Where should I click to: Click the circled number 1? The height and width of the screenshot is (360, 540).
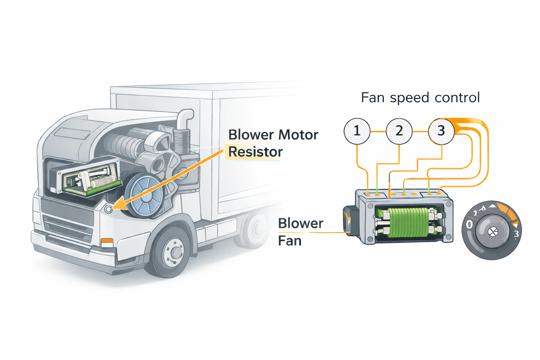coord(357,131)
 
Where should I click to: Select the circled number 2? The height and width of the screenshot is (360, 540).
coord(399,131)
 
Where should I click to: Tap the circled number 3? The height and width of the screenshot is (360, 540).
coord(441,131)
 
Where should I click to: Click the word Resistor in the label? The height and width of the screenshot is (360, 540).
coord(255,152)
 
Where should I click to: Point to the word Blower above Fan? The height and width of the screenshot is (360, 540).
coord(301,224)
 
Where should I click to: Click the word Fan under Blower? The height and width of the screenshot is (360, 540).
coord(290,241)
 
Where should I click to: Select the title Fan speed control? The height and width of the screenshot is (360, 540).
coord(420,98)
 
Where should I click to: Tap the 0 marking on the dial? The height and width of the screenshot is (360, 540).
coord(469,225)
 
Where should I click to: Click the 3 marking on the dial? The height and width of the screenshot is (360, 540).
coord(516,234)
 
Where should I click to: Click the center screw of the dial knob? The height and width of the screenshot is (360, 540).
coord(493,231)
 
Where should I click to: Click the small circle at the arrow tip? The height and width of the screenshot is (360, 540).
coord(109,209)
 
